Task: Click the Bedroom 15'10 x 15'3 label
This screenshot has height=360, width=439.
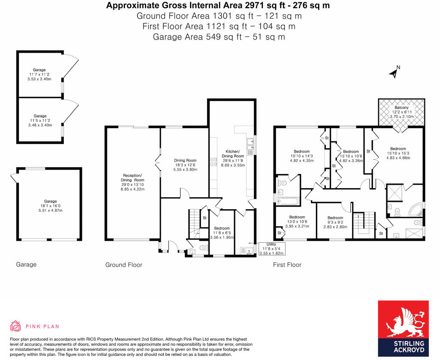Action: (x=398, y=153)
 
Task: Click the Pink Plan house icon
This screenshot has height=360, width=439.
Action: (x=15, y=326)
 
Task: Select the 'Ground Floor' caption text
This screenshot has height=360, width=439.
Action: (x=123, y=265)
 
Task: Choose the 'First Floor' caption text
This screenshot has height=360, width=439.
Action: (x=287, y=265)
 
